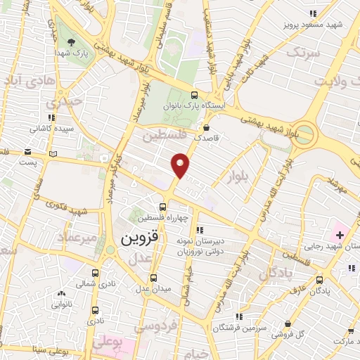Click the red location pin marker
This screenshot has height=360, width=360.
(181, 165)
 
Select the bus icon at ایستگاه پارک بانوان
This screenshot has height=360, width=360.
(194, 96)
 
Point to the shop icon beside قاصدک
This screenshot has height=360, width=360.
(207, 127)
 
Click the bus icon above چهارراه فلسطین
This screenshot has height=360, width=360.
(163, 207)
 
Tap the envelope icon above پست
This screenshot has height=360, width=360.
(27, 152)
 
